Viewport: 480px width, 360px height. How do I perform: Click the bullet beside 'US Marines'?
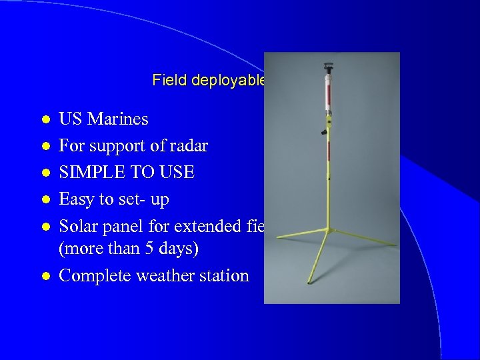pyautogui.click(x=45, y=120)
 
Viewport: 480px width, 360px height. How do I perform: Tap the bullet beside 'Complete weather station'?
pyautogui.click(x=45, y=276)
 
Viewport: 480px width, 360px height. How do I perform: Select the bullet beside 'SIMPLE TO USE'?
pyautogui.click(x=45, y=173)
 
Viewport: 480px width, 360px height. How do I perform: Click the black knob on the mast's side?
pyautogui.click(x=323, y=132)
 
